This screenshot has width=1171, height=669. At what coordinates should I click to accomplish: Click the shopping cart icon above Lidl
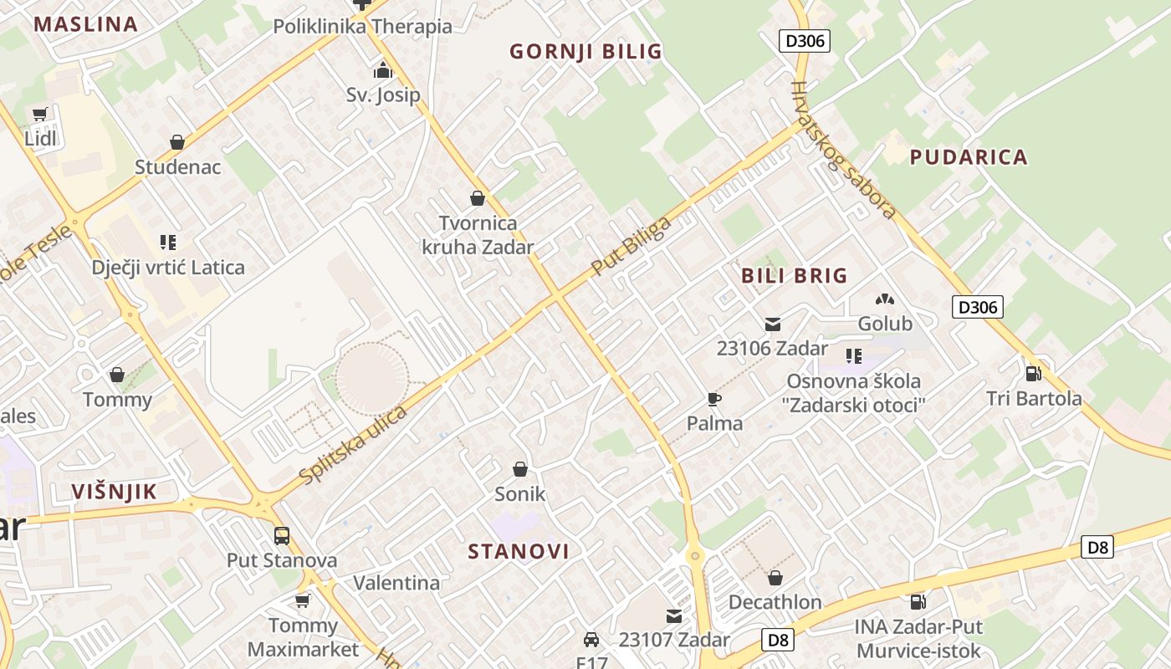(39, 115)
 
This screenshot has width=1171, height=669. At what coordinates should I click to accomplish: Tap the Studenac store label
(178, 167)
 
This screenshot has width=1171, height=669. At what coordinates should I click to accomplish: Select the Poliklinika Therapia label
(362, 26)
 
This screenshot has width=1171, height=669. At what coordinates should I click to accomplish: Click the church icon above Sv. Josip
(383, 69)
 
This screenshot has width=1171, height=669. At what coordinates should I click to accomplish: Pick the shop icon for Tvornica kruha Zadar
(478, 199)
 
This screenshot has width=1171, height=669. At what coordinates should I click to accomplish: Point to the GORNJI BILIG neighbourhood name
(585, 52)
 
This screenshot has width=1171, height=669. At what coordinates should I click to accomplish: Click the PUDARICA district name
(969, 157)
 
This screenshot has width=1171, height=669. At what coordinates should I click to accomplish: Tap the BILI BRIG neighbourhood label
(794, 276)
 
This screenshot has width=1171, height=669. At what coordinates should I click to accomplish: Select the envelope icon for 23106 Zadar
(772, 324)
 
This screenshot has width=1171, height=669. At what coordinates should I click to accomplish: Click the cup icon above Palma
(713, 399)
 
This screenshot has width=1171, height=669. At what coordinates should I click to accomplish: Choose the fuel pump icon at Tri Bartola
(1034, 374)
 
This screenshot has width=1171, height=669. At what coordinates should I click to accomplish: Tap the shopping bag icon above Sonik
(520, 469)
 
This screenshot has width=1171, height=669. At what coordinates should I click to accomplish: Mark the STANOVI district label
(519, 552)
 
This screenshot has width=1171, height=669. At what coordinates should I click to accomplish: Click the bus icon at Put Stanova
(282, 536)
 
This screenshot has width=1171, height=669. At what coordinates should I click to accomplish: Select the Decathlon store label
(775, 602)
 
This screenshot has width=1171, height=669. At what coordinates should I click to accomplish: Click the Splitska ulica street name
(353, 445)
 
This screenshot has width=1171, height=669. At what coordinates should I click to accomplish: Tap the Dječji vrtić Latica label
(169, 268)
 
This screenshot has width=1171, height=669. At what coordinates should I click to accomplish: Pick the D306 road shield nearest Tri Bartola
(977, 307)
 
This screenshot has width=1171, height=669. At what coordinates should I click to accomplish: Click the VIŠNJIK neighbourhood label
(115, 492)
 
